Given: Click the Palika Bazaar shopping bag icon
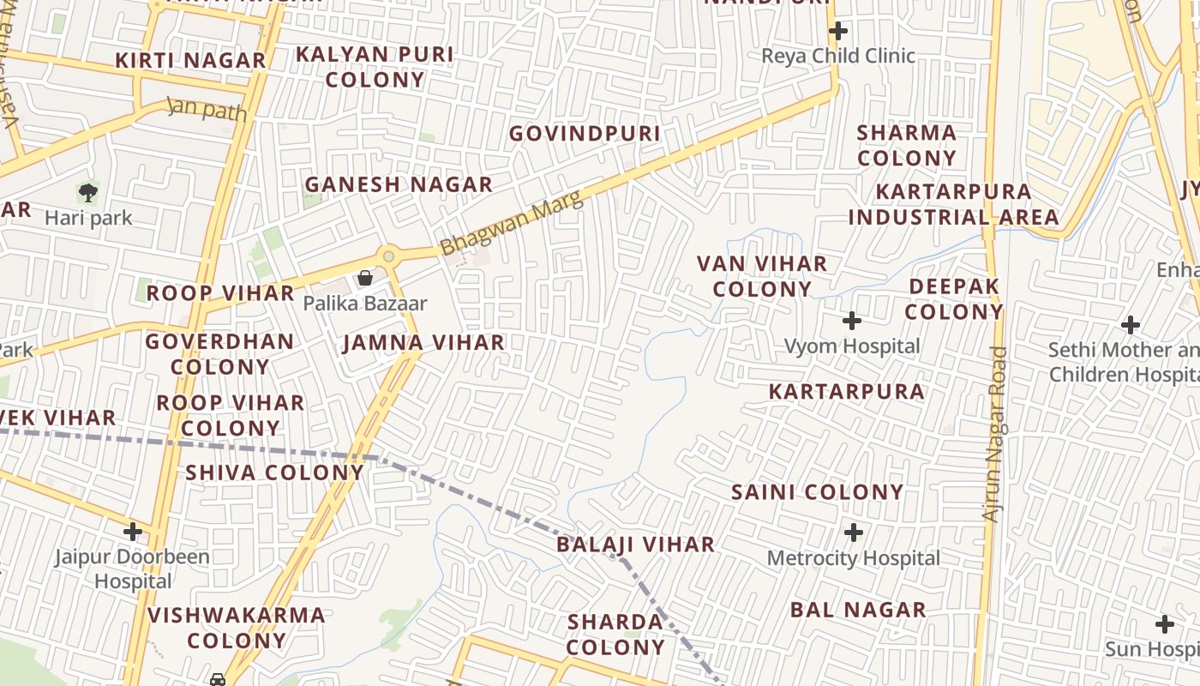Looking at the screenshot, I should click(364, 278).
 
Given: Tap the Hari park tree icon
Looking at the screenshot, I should click(87, 192).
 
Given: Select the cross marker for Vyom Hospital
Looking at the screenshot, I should click(851, 321).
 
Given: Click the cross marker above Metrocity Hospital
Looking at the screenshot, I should click(853, 533).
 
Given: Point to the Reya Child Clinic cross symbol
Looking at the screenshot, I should click(837, 32).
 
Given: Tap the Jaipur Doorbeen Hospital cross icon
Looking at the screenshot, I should click(132, 532).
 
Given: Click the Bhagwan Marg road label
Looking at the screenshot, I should click(511, 222).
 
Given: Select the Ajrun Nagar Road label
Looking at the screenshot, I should click(994, 434).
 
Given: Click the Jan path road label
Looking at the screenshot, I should click(207, 109).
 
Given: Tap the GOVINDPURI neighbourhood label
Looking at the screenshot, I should click(585, 134).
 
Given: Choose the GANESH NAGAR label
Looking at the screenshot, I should click(399, 184).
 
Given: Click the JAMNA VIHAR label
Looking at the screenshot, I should click(423, 343).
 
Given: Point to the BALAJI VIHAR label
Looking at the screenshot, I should click(635, 545).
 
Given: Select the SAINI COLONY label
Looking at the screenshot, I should click(817, 492).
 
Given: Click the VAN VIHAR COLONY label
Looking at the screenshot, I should click(762, 276).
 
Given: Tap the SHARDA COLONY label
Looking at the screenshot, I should click(615, 635).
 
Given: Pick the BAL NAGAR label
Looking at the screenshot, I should click(858, 610).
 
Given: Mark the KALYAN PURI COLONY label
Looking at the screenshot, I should click(375, 67).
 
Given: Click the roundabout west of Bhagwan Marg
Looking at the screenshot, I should click(389, 256).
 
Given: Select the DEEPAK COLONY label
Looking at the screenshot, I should click(953, 299).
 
